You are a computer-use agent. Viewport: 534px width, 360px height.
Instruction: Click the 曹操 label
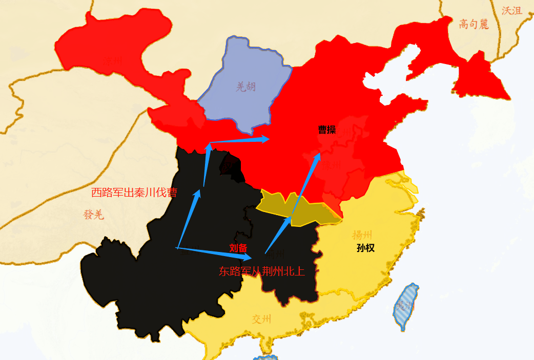coord(327,130)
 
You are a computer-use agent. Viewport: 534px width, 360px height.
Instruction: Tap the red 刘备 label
coord(238,248)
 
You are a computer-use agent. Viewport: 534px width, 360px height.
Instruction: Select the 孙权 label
coord(366,248)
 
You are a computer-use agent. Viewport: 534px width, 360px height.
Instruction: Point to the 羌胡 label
coord(246,87)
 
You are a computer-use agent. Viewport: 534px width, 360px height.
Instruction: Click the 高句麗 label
coord(474,24)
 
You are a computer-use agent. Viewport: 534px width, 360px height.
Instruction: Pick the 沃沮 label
coord(512,11)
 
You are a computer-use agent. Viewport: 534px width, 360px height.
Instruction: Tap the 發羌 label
coord(94,215)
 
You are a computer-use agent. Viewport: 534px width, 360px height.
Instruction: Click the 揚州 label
coord(362,235)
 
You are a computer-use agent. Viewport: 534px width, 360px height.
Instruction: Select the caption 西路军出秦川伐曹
coord(134,193)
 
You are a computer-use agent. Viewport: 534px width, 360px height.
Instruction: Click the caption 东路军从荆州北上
coord(261,271)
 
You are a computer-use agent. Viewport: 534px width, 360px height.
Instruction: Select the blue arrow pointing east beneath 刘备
coord(215,252)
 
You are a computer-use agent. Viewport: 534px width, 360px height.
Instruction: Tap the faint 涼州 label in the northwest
coord(112,62)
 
